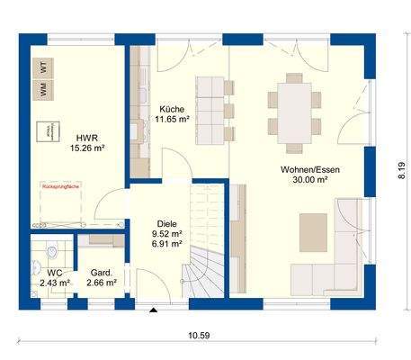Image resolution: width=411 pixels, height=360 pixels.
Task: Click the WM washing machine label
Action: point(43,89)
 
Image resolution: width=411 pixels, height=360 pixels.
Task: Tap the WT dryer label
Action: point(43,66)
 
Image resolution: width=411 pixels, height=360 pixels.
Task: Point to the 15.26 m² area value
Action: point(87,149)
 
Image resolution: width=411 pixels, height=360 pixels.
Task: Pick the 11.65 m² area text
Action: point(171,118)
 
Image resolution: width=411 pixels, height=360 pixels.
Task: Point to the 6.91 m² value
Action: point(167,244)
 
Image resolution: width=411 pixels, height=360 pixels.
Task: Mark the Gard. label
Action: point(102,271)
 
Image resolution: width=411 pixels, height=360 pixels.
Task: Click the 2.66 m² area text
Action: point(102,283)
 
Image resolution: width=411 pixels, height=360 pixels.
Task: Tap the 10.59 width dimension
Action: point(200,337)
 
